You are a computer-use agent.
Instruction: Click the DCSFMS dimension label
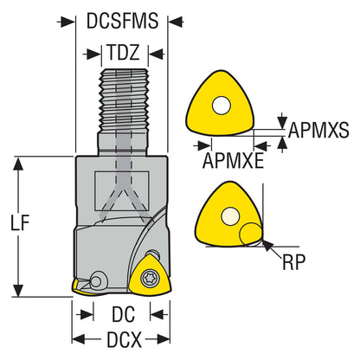[x=122, y=21]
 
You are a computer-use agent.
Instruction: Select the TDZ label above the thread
[x=124, y=52]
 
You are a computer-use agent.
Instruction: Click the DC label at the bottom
[x=123, y=314]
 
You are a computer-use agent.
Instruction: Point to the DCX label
[x=124, y=339]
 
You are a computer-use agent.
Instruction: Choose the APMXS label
[x=318, y=130]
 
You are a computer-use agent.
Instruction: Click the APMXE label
[x=233, y=160]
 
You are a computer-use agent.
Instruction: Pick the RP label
[x=293, y=262]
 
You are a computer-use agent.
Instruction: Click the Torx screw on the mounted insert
[x=148, y=279]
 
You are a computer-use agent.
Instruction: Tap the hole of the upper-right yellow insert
[x=222, y=106]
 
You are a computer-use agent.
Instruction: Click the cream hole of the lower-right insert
[x=230, y=216]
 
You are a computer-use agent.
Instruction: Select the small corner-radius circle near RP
[x=251, y=235]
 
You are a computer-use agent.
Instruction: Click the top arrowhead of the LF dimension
[x=19, y=164]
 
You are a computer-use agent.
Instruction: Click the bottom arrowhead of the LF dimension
[x=19, y=289]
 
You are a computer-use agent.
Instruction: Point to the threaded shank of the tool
[x=125, y=101]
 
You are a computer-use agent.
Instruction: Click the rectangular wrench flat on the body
[x=122, y=191]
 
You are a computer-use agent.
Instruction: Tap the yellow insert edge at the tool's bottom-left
[x=80, y=288]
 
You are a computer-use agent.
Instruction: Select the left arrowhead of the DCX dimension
[x=79, y=339]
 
